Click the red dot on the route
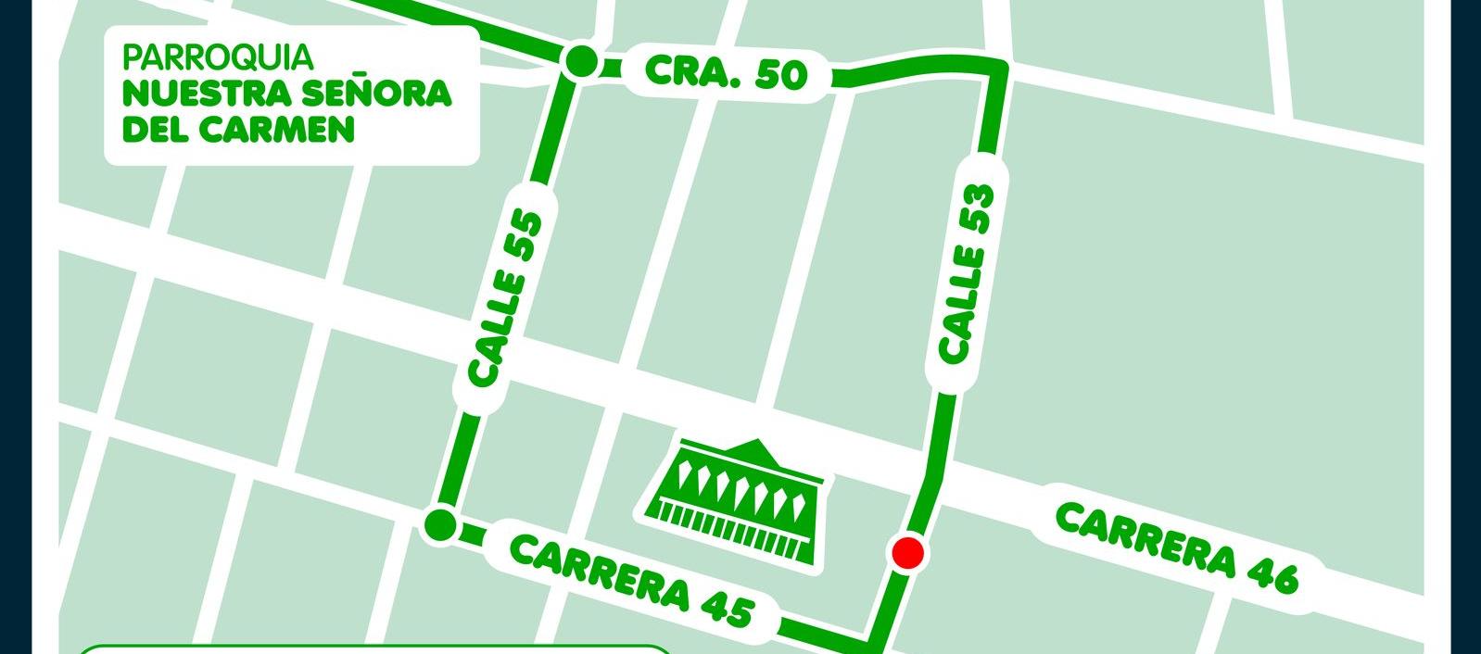(907, 553)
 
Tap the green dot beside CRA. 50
(581, 62)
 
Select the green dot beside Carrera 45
(440, 525)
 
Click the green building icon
(733, 501)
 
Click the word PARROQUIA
(218, 57)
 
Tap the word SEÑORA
(380, 93)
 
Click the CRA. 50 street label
(726, 72)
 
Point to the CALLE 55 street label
(505, 298)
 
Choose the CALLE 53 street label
(966, 272)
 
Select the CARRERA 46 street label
(1177, 547)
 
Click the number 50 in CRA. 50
(780, 76)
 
